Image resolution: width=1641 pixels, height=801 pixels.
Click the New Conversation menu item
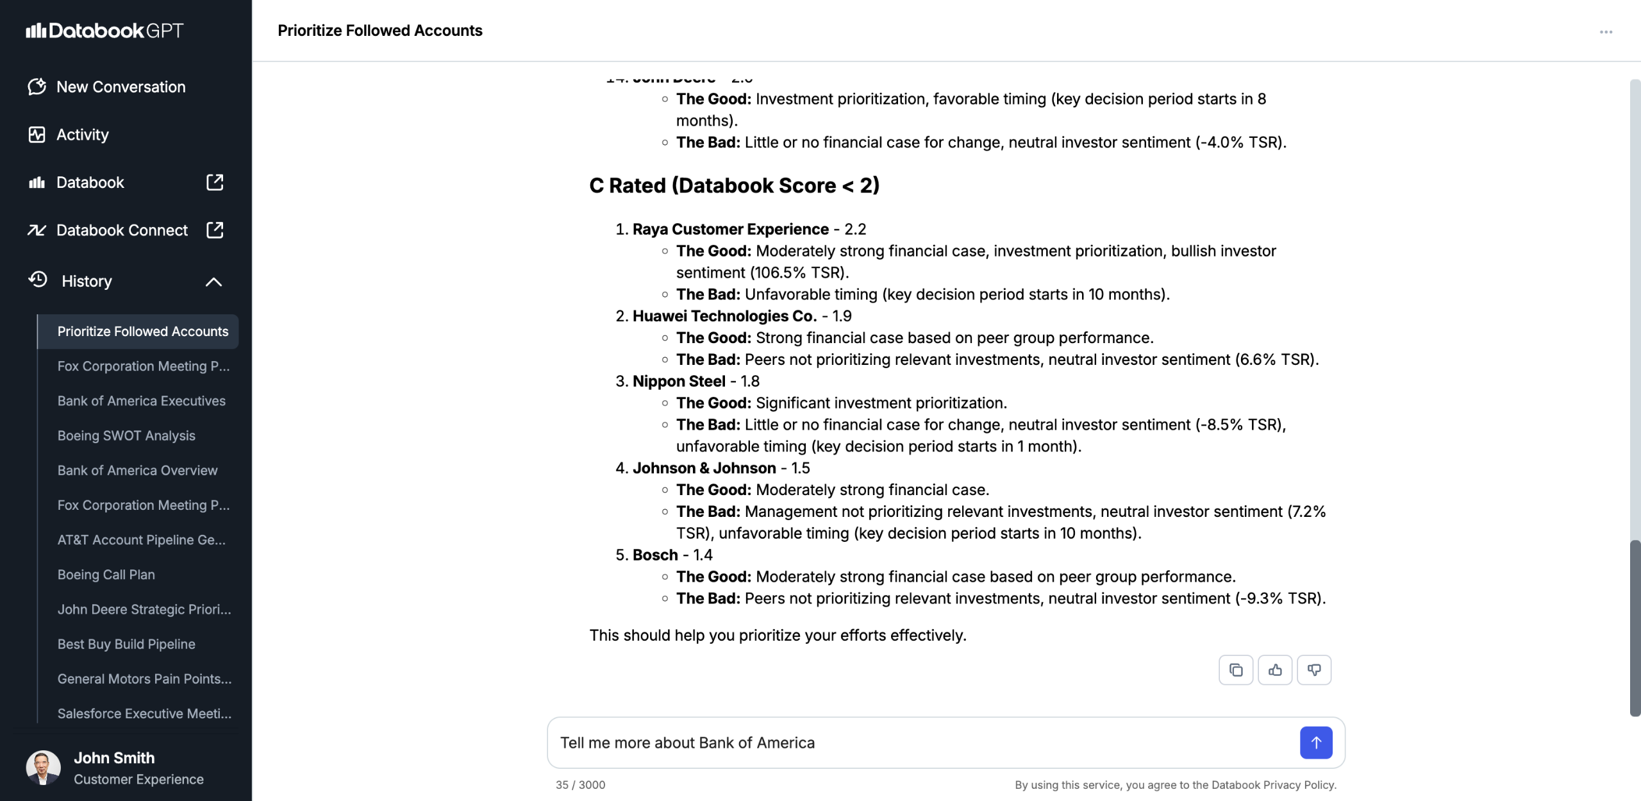tap(121, 87)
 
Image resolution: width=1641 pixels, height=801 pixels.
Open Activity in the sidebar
tap(82, 135)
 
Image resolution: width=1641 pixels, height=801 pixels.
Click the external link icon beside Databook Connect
tap(215, 230)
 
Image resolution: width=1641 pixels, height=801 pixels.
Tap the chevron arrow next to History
tap(213, 282)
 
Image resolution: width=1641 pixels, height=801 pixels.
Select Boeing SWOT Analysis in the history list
tap(126, 435)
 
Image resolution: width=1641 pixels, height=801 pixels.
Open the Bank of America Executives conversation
tap(141, 401)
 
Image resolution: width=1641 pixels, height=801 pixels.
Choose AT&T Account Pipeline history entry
tap(141, 540)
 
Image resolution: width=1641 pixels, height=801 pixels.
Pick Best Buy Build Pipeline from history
tap(126, 644)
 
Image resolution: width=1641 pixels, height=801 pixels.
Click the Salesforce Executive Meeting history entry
tap(144, 713)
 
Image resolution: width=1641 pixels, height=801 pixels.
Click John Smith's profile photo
tap(44, 768)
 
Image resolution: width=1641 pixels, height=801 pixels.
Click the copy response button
tap(1235, 670)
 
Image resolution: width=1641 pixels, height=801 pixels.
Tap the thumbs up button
tap(1275, 670)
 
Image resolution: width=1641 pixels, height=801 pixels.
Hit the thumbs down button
tap(1314, 670)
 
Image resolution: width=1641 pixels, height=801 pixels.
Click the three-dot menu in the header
tap(1606, 32)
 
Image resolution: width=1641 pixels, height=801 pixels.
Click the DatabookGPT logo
tap(104, 31)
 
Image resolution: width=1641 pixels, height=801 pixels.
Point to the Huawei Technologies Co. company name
tap(724, 316)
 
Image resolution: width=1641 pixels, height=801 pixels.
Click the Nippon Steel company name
tap(679, 382)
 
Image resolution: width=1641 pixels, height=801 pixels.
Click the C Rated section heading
tap(734, 185)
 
